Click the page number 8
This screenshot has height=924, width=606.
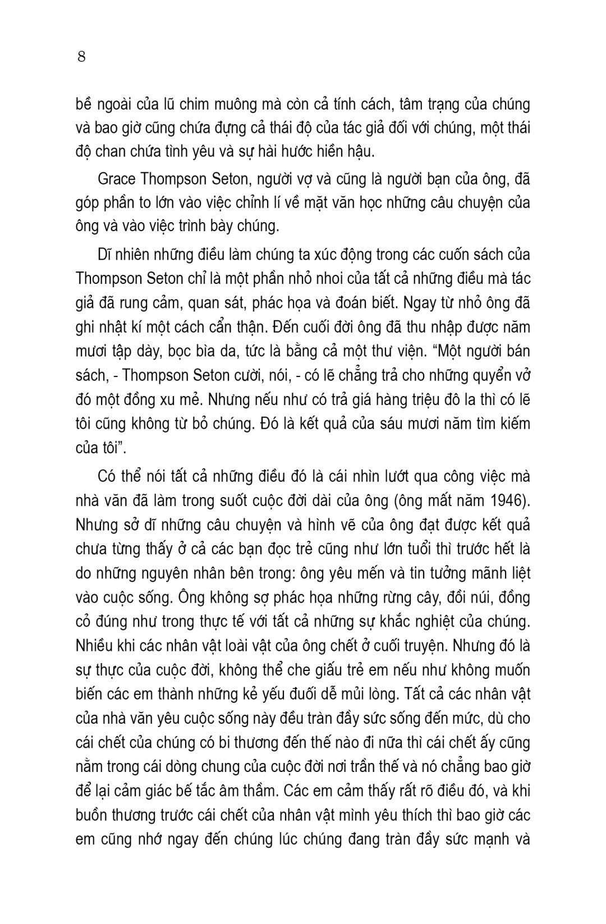pos(81,57)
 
